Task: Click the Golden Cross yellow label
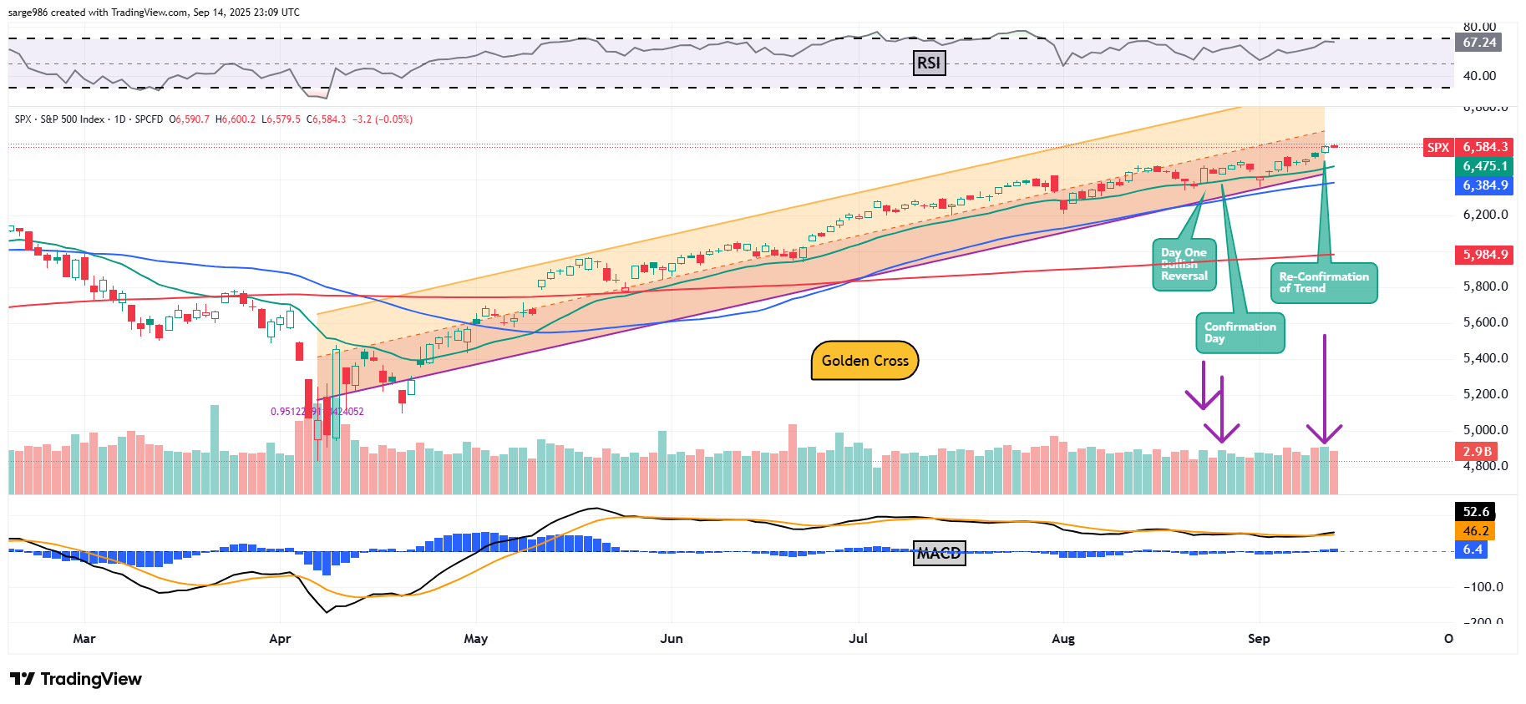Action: coord(864,361)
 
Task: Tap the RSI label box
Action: coord(929,63)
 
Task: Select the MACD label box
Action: coord(939,553)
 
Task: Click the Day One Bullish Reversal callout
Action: coord(1184,265)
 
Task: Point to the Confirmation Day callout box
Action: coord(1240,332)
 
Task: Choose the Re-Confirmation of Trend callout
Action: coord(1323,282)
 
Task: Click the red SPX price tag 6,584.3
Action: coord(1484,147)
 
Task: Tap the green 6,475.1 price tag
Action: coord(1484,166)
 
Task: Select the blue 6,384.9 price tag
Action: coord(1484,185)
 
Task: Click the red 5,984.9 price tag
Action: coord(1484,255)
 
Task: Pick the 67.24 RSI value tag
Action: coord(1478,43)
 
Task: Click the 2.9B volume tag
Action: coord(1476,452)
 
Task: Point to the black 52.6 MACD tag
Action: coord(1475,512)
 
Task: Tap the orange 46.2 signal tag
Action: coord(1475,531)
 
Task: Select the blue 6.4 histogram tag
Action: coord(1472,550)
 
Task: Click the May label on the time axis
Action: coord(475,639)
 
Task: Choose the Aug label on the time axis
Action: coord(1062,639)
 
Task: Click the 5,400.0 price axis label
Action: coord(1485,358)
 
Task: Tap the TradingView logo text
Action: coord(90,679)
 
